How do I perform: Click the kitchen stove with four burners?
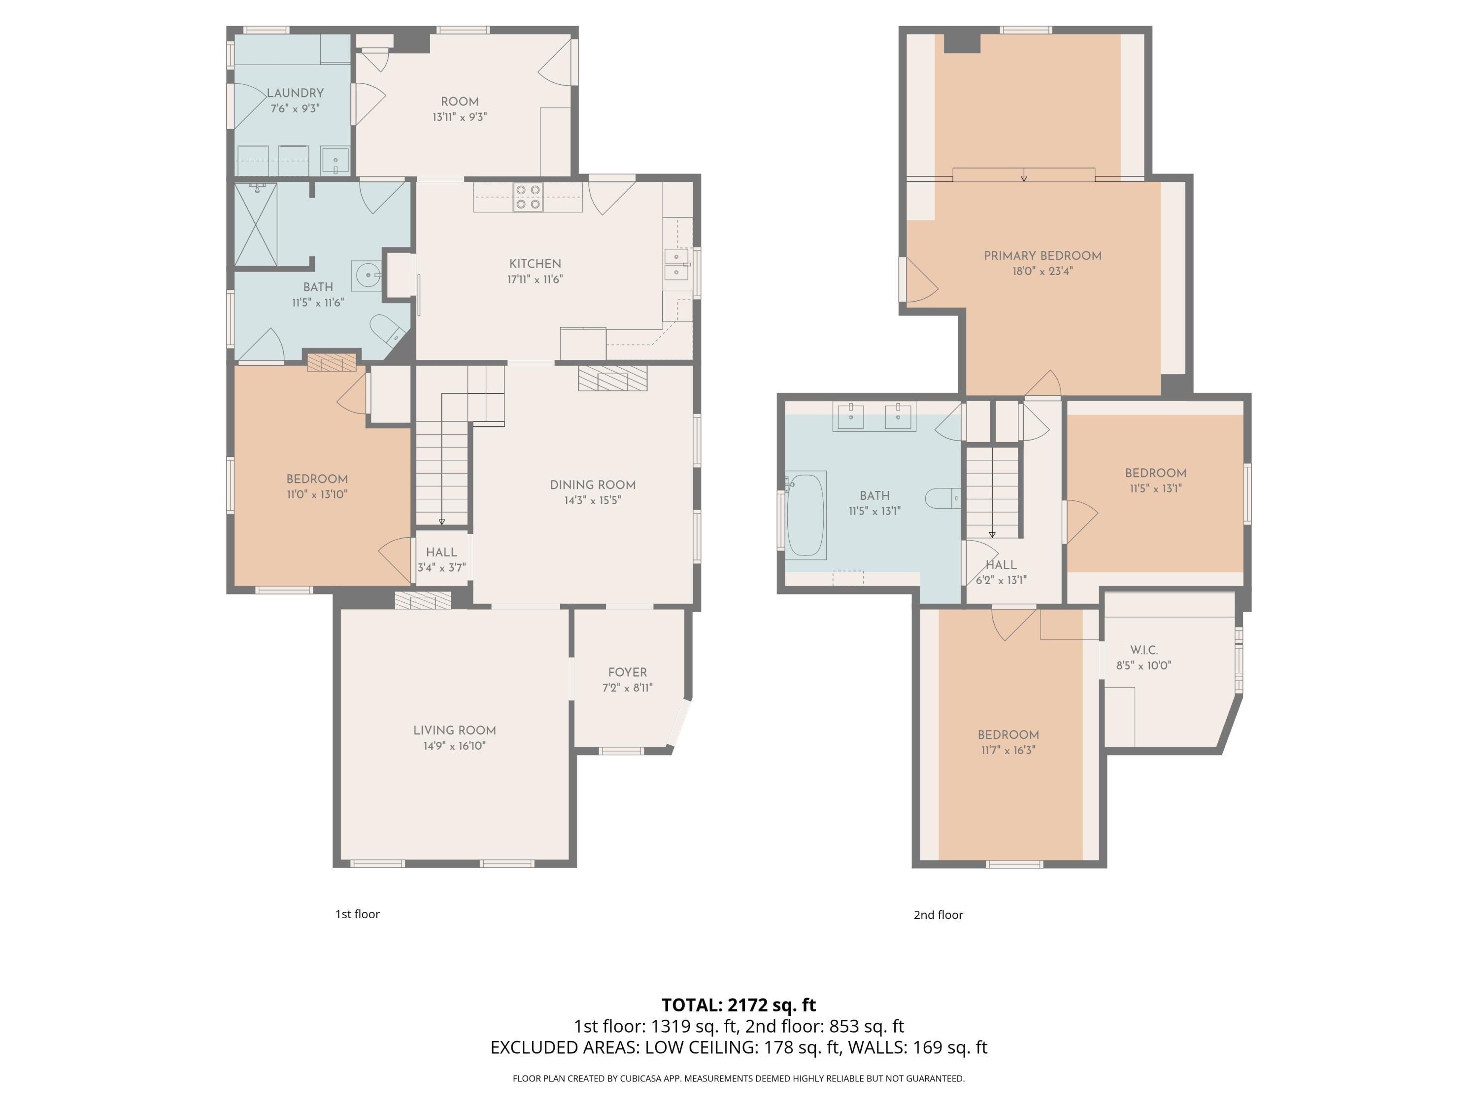pyautogui.click(x=528, y=197)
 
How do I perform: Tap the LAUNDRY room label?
pyautogui.click(x=295, y=93)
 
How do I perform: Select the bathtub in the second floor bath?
pyautogui.click(x=806, y=515)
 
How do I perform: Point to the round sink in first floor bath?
pyautogui.click(x=367, y=275)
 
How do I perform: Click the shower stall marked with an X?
pyautogui.click(x=256, y=225)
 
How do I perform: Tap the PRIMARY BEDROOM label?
pyautogui.click(x=1042, y=255)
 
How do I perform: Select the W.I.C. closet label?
pyautogui.click(x=1144, y=650)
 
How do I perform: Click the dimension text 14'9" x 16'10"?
pyautogui.click(x=454, y=745)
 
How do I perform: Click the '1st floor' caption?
pyautogui.click(x=358, y=914)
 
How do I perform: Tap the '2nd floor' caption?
pyautogui.click(x=938, y=914)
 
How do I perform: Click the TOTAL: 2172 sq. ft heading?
pyautogui.click(x=739, y=1005)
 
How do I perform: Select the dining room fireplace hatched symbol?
pyautogui.click(x=613, y=379)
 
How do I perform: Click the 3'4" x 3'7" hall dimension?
pyautogui.click(x=441, y=567)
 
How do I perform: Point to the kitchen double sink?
pyautogui.click(x=677, y=264)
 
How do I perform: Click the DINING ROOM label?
pyautogui.click(x=593, y=485)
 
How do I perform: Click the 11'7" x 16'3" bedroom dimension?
pyautogui.click(x=1008, y=750)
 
